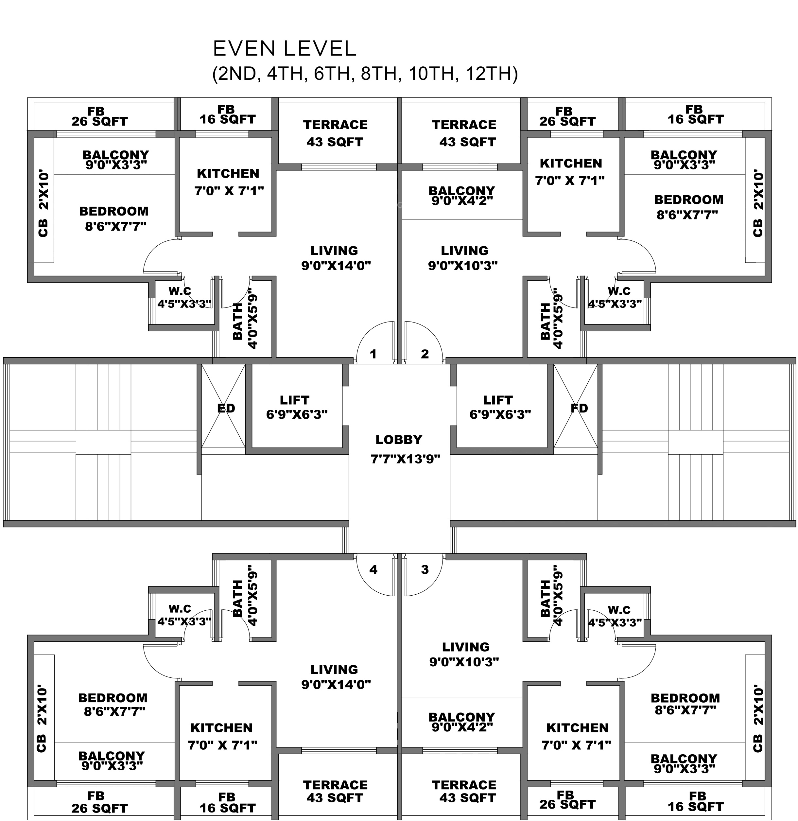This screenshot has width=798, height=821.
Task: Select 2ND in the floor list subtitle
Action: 238,74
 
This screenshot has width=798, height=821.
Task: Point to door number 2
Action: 425,354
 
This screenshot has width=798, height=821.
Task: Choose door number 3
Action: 425,569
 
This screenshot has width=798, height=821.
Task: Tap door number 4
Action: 373,569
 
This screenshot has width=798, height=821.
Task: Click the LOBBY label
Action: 399,440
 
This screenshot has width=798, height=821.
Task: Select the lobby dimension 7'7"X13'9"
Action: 405,459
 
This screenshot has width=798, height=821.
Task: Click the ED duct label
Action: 226,408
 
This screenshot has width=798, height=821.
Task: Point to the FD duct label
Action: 579,408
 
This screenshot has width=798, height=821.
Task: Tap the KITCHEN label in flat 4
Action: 221,728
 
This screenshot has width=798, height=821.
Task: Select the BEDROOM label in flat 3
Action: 685,698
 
